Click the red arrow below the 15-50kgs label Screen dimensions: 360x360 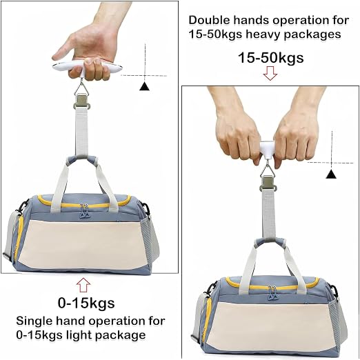[270, 73]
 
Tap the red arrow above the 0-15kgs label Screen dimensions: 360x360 [83, 285]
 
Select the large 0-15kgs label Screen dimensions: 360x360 [86, 303]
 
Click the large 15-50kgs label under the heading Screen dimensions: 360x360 [270, 57]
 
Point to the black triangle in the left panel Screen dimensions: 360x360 [144, 86]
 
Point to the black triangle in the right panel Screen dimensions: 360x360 [331, 174]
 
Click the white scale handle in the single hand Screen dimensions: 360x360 [88, 67]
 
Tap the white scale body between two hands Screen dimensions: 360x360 [267, 150]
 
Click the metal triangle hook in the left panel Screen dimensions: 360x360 [81, 89]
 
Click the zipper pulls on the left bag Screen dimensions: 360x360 [83, 210]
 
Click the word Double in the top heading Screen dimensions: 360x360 [209, 20]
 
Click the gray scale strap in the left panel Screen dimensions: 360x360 [82, 132]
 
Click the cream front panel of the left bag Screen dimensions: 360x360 [83, 245]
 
